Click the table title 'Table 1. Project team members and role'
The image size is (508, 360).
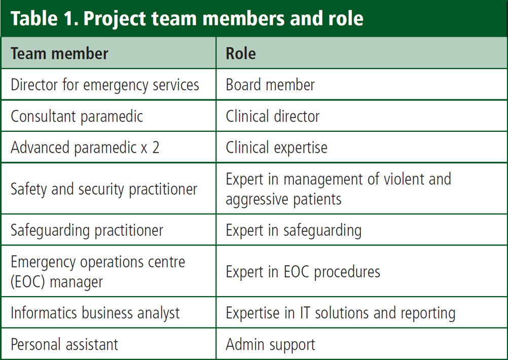point(187,18)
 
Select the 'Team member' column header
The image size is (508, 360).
point(59,53)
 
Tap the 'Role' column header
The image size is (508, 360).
point(241,53)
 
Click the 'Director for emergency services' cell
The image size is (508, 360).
point(105,85)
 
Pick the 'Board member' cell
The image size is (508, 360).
point(270,85)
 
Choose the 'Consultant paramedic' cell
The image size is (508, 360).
point(77,116)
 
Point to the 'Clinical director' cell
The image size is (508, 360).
point(273,116)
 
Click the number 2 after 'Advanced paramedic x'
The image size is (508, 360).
point(156,148)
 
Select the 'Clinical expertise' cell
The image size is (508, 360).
point(277,148)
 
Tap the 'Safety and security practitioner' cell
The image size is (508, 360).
point(104,189)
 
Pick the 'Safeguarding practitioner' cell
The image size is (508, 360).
point(87,230)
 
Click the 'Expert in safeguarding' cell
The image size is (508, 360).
point(294,230)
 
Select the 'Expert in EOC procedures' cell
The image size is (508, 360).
point(303,272)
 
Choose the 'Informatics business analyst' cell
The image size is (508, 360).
point(95,313)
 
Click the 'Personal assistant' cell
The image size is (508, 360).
point(64,344)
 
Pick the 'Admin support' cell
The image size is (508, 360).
point(271,344)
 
